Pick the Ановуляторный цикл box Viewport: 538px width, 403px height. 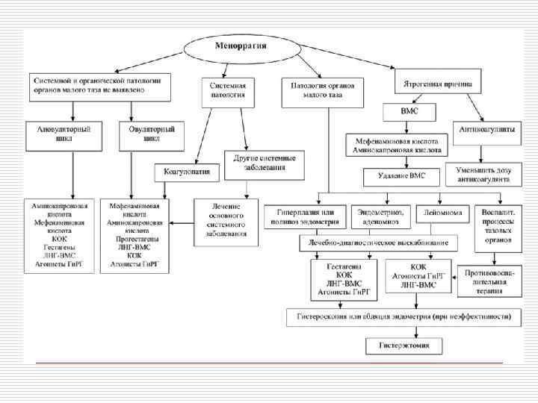coord(62,134)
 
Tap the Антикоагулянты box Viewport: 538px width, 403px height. coord(484,129)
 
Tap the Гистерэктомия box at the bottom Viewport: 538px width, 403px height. coord(403,346)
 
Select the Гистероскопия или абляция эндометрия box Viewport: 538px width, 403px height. coord(401,317)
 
